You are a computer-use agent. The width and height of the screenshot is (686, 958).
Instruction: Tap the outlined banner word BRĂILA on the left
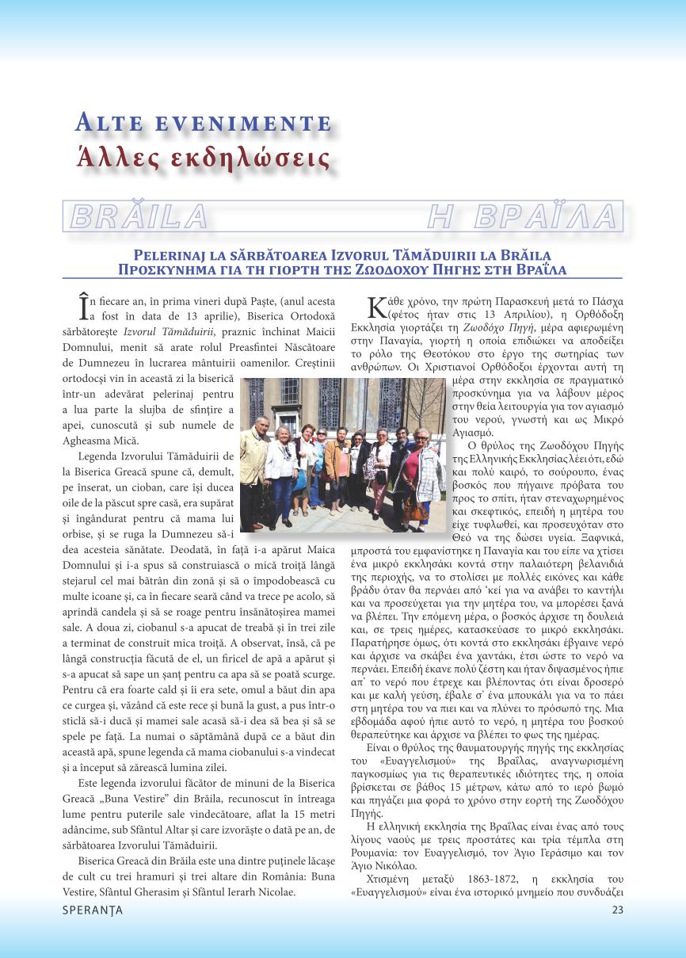(139, 216)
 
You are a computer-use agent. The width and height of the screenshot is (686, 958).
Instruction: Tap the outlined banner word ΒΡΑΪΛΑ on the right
(524, 216)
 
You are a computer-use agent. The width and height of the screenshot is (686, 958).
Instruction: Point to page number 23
(618, 910)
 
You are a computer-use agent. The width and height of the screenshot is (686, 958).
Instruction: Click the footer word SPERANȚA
(93, 910)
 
